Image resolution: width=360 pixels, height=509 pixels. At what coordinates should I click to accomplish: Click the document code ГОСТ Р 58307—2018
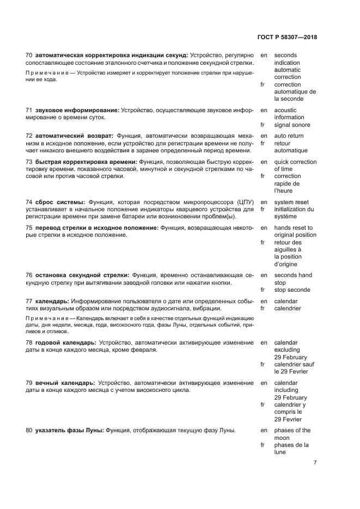(286, 38)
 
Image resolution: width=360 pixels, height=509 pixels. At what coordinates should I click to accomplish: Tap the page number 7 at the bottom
(315, 463)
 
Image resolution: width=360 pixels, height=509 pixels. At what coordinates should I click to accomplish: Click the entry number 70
(29, 56)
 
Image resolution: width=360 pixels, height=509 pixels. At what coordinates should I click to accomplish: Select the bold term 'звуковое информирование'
(77, 110)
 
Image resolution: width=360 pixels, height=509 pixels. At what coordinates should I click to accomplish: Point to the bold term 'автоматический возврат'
(74, 136)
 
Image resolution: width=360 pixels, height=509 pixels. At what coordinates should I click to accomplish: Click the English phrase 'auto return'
(289, 136)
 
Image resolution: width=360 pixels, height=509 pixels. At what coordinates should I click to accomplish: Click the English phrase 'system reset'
(291, 202)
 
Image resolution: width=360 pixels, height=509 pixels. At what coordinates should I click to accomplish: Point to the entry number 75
(29, 228)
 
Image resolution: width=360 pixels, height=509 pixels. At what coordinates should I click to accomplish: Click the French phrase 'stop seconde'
(292, 290)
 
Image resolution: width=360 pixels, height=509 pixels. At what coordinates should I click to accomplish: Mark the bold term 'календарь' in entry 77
(52, 301)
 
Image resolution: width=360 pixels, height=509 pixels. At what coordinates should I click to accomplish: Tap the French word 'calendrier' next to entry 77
(288, 308)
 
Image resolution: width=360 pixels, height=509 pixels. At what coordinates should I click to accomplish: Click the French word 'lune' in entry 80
(280, 452)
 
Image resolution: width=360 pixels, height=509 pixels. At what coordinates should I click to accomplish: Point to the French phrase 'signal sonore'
(292, 125)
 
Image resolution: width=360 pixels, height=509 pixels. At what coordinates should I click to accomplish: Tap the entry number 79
(29, 383)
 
